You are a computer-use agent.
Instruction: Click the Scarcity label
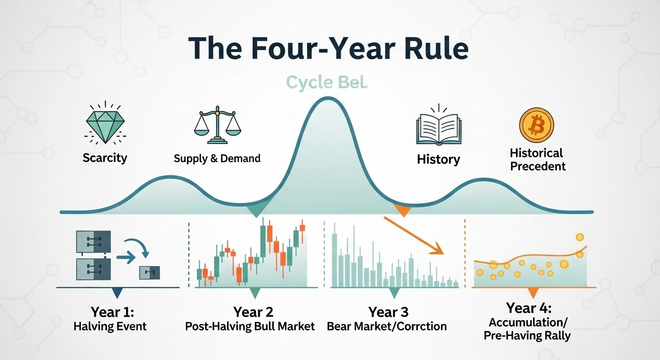(x=105, y=157)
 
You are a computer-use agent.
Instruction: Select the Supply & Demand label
(x=217, y=158)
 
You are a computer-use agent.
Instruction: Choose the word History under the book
(x=438, y=159)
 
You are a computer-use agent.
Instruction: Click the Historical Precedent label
(x=537, y=159)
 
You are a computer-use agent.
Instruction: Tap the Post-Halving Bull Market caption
(x=250, y=326)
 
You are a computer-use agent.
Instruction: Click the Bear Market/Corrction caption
(x=387, y=326)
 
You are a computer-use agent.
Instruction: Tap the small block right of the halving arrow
(x=150, y=272)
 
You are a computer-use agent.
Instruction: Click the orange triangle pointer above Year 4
(x=532, y=294)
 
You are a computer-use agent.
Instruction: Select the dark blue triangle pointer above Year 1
(x=117, y=293)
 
